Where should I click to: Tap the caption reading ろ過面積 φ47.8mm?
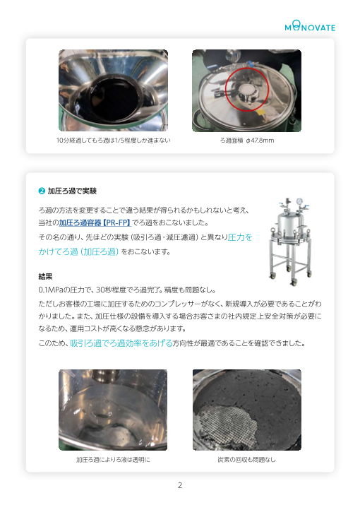246,140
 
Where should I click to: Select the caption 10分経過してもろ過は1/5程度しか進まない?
113,140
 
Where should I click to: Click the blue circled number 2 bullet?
42,191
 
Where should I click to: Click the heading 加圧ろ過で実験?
72,191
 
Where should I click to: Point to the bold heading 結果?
45,276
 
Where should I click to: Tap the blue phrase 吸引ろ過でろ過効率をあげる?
121,343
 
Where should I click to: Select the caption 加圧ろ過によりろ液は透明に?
113,460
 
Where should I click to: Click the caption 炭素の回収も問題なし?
246,460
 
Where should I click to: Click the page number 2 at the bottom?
180,485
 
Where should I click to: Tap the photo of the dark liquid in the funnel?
113,90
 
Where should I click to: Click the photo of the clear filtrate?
113,410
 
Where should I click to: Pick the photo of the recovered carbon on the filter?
246,410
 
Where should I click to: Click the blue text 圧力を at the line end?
240,237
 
